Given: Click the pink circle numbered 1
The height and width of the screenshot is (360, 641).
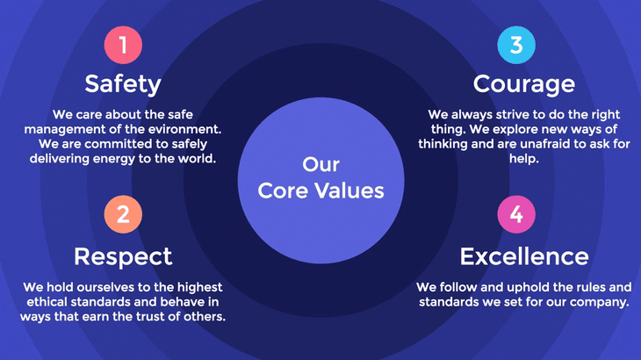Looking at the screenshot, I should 123,45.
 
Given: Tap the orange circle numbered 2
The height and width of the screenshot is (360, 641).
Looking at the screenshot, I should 123,214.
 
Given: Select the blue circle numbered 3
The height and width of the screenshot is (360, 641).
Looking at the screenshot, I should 516,45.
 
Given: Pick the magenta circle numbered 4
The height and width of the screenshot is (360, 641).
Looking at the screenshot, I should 516,214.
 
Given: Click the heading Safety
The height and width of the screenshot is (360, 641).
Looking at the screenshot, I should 123,83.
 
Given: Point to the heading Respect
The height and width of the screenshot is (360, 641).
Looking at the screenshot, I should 123,256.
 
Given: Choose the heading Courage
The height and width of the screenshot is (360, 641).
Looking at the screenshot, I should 524,83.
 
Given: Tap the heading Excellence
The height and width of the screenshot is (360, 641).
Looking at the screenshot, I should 524,256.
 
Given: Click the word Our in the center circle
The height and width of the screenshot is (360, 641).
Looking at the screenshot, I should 320,164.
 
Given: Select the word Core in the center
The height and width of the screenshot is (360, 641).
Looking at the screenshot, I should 280,190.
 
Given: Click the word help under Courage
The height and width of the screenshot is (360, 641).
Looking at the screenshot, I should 524,160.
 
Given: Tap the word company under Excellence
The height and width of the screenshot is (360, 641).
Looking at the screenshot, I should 601,302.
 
